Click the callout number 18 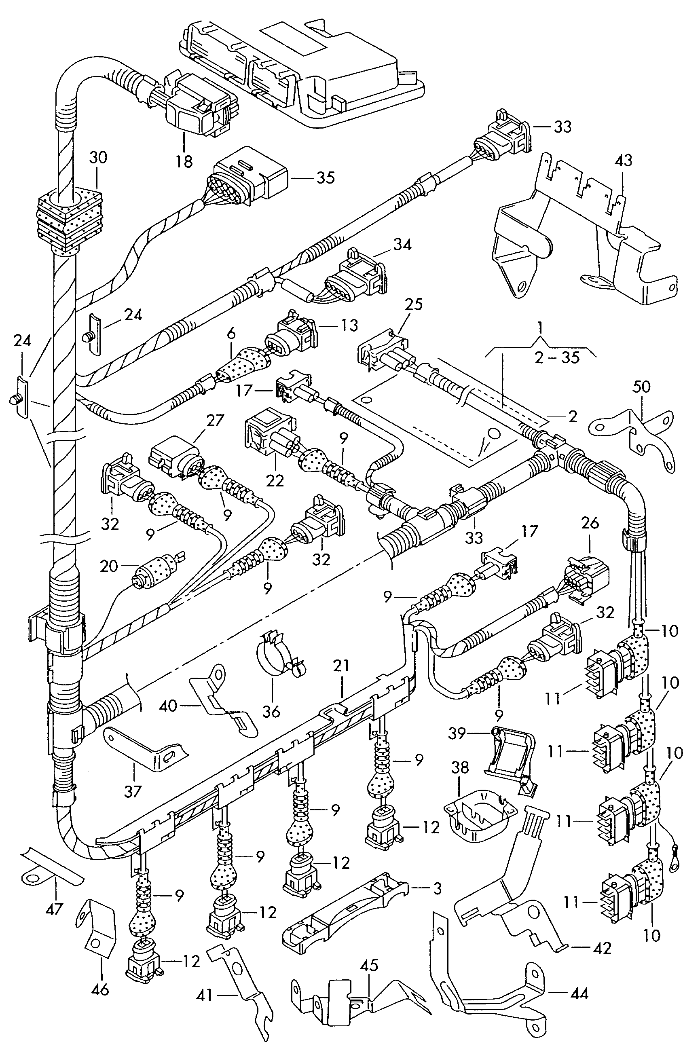click(x=185, y=162)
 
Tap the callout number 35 click(x=325, y=178)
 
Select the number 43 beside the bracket click(x=624, y=161)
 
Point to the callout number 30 click(x=98, y=157)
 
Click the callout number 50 click(x=641, y=387)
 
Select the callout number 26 click(x=590, y=523)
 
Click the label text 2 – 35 click(x=557, y=358)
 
